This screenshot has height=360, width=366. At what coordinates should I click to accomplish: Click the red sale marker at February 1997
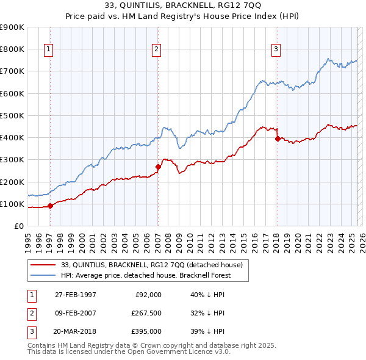point(51,206)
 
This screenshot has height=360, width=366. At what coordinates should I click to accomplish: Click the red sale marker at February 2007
point(158,166)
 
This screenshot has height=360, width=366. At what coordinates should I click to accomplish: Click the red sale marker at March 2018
point(278,139)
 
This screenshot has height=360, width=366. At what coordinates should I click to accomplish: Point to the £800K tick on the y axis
point(12,49)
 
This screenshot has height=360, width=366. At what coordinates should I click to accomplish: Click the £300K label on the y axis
point(12,160)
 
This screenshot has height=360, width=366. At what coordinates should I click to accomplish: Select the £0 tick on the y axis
point(18,226)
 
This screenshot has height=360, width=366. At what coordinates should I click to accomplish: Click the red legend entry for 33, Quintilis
point(152,265)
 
